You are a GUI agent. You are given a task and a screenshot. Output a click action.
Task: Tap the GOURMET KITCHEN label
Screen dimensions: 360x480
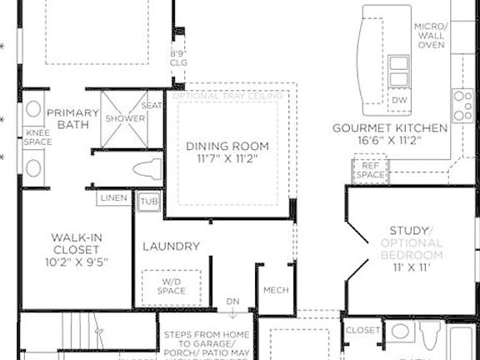(390, 128)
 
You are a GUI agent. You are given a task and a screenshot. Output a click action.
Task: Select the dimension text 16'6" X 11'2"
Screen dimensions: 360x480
(390, 141)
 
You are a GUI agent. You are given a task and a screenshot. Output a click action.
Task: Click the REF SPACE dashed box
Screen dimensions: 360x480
(372, 170)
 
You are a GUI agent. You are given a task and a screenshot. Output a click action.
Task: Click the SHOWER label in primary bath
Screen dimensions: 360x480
(124, 118)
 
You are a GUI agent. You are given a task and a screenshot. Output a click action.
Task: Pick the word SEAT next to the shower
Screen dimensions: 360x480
(152, 106)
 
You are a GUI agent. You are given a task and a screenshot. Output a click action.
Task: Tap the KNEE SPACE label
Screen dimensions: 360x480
(37, 137)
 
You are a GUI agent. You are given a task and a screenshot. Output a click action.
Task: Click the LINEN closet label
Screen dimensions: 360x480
(113, 199)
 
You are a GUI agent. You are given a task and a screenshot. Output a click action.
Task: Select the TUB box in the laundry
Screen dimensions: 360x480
(149, 202)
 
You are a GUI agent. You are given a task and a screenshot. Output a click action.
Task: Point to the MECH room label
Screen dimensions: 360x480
(275, 290)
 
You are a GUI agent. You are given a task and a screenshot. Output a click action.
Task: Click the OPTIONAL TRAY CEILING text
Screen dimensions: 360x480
(228, 96)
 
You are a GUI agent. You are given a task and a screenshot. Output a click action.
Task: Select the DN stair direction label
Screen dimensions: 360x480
(232, 301)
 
